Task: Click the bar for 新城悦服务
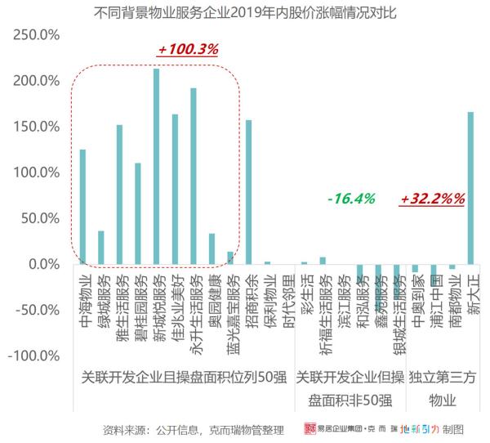(156, 167)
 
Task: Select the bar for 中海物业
(82, 207)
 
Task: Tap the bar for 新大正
(470, 188)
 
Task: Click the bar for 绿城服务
(101, 248)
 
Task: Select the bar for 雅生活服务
(119, 195)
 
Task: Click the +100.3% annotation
(188, 50)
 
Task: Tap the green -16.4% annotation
(350, 199)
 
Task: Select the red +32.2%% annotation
(433, 199)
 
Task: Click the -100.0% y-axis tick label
(37, 356)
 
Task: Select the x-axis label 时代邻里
(286, 301)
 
